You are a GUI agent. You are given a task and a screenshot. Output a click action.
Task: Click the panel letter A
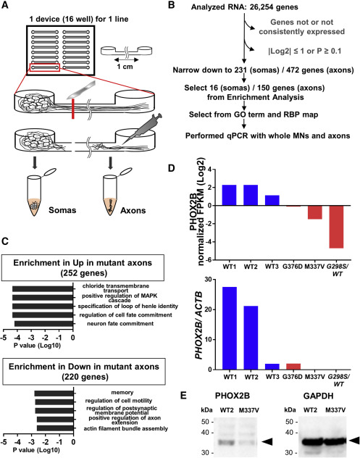click(5, 5)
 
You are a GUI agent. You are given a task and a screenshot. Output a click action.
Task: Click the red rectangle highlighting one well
click(45, 67)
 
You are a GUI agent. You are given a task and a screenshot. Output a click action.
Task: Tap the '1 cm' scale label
click(125, 67)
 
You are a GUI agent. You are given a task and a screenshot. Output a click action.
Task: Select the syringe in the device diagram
click(143, 128)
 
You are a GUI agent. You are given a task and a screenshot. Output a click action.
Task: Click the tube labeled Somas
click(35, 195)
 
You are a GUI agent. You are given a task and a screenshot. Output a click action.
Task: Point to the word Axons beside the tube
click(133, 210)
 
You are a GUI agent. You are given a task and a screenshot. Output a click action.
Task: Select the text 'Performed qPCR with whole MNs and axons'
click(268, 136)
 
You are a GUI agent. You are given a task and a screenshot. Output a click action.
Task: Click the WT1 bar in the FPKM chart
click(229, 195)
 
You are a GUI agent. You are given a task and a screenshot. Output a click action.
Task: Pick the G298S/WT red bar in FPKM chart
click(336, 227)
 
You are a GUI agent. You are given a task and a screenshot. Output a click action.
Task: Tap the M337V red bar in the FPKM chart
click(315, 212)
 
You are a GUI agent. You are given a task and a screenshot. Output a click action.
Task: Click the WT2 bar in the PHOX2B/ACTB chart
click(251, 338)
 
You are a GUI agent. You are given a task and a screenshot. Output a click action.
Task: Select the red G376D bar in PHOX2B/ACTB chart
click(293, 367)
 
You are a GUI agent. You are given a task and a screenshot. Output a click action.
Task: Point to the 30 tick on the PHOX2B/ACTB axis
click(216, 280)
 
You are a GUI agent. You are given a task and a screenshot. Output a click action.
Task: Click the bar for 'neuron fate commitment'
click(43, 324)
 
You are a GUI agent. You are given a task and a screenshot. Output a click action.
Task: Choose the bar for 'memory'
click(54, 394)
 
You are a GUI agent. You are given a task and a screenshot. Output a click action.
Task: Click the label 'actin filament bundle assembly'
click(126, 428)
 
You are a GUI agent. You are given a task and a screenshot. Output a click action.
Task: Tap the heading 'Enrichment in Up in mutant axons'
click(83, 262)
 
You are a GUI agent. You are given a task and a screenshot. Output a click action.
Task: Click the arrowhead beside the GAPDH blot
click(354, 440)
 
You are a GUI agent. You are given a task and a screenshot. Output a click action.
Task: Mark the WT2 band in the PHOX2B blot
click(226, 442)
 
